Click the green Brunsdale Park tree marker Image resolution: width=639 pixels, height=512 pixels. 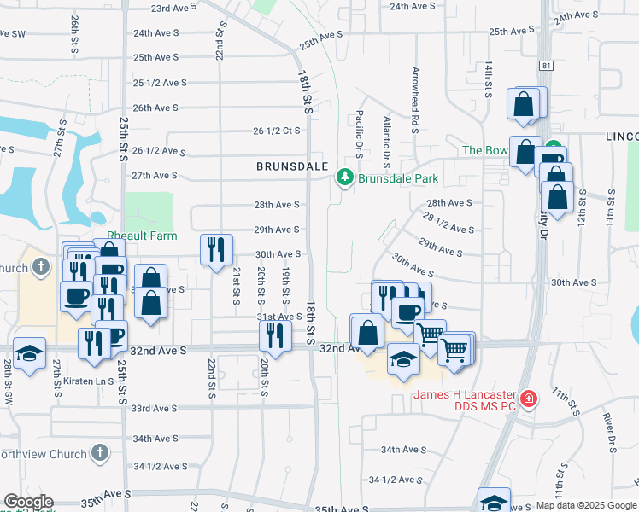coord(344,177)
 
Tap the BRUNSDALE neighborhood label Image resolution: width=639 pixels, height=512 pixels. coord(291,167)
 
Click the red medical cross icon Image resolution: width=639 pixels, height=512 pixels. coord(529,399)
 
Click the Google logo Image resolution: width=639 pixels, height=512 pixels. coord(27,502)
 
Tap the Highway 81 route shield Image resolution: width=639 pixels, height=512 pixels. coord(547,65)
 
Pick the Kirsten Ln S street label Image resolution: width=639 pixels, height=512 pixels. coord(90,381)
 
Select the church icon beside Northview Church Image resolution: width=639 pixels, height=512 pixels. coord(100,454)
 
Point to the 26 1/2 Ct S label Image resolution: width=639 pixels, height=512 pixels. coord(277,131)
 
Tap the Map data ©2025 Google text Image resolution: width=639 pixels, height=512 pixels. coord(585,505)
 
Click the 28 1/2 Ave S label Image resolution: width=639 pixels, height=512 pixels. coord(448,224)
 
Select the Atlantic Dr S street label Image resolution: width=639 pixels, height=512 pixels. coord(387,141)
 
